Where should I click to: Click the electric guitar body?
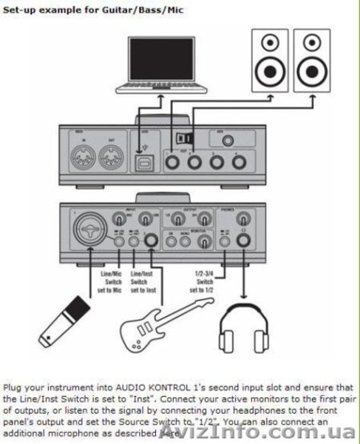tap(143, 330)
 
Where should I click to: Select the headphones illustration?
tap(247, 326)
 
